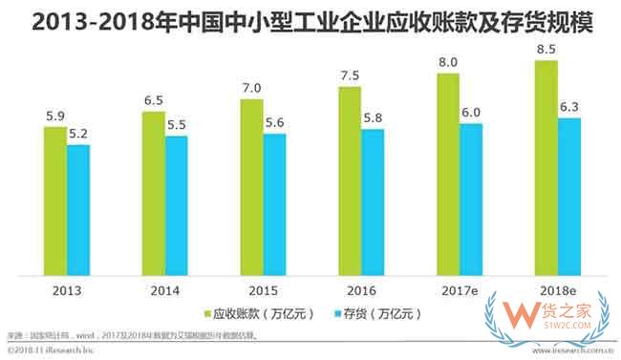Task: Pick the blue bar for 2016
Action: pos(373,200)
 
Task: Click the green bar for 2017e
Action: pos(448,171)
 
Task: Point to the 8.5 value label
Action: pos(546,48)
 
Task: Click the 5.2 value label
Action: pos(78,133)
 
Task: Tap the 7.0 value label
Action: pos(251,87)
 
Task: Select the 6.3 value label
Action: pos(569,107)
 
